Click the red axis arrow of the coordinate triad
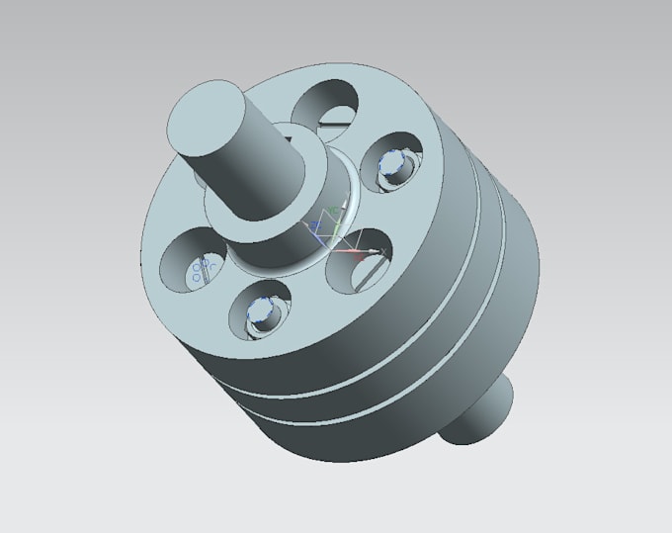point(362,253)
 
